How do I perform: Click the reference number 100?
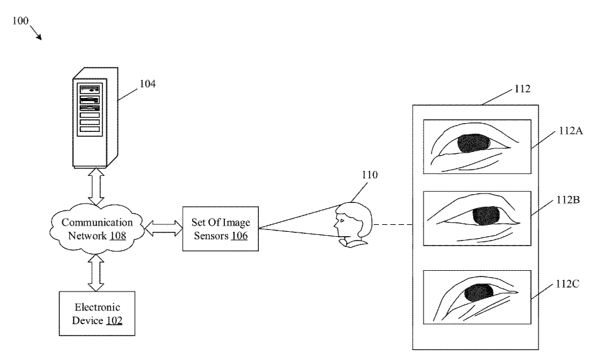pos(20,21)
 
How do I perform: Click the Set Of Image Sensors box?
pos(219,228)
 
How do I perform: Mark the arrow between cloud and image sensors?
pos(163,229)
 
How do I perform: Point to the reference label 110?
pos(369,175)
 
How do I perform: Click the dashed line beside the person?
pos(393,224)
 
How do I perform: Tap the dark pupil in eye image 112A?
pos(473,143)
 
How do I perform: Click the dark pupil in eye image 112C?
pos(479,293)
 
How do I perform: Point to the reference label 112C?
pos(568,284)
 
